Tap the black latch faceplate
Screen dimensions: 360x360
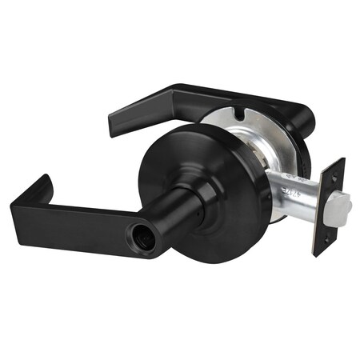[x=329, y=205]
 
